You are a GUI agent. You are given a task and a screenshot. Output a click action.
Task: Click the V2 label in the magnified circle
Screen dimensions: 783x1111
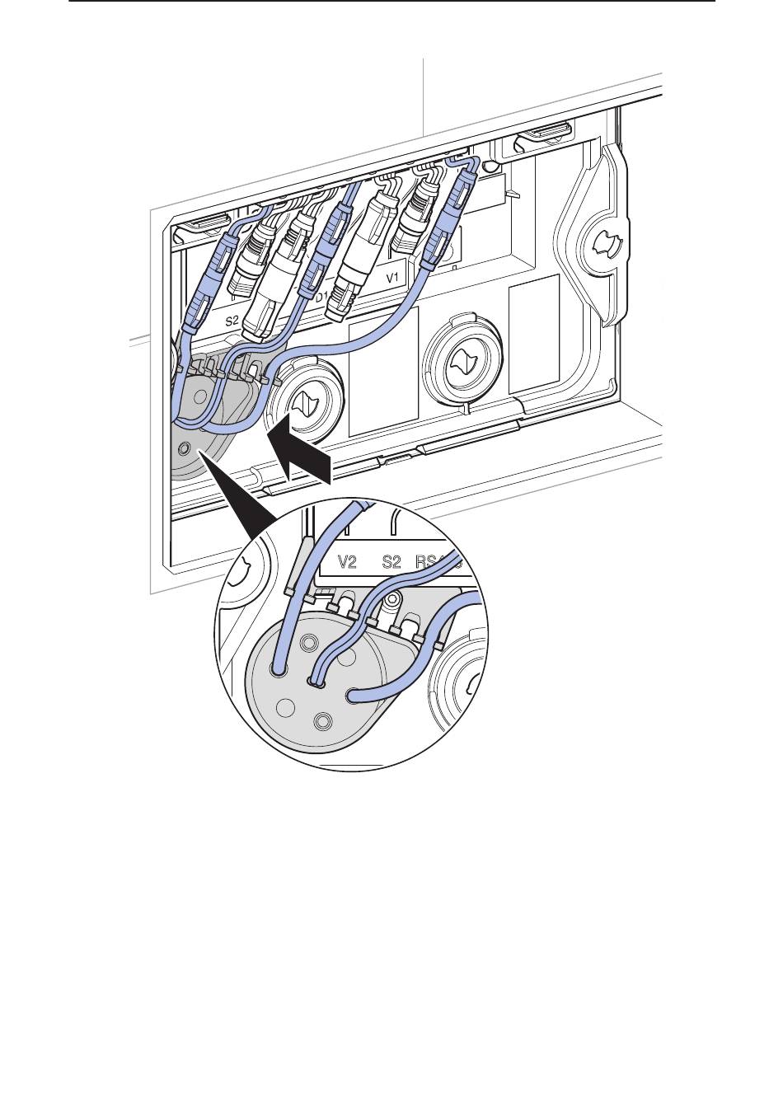coord(348,564)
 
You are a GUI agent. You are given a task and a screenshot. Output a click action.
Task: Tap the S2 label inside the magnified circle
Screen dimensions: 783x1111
coord(391,564)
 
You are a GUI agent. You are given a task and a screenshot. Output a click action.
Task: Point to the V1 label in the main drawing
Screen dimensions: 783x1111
coord(393,277)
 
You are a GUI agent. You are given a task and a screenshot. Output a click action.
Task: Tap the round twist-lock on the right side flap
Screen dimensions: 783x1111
coord(607,243)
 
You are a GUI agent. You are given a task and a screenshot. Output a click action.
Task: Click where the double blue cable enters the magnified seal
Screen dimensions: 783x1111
coord(316,682)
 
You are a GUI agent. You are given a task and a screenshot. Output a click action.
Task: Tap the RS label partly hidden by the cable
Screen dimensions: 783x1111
coord(428,564)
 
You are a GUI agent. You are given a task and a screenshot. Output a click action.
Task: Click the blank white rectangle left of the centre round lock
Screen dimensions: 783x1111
coord(383,371)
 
